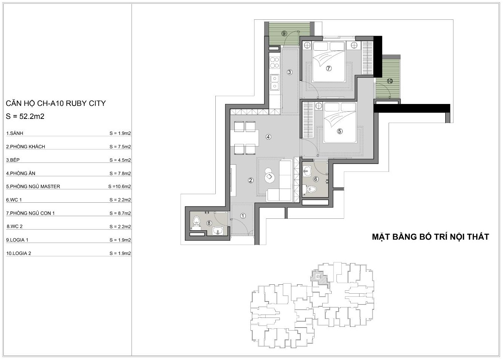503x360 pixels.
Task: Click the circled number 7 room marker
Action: click(329, 68)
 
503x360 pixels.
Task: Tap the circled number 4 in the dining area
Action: click(268, 137)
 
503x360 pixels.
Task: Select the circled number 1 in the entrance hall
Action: click(243, 216)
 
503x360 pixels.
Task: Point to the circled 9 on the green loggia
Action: click(284, 34)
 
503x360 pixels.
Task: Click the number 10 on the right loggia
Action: click(390, 81)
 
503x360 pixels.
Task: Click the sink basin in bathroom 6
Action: click(306, 171)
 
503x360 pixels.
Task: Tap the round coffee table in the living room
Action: click(269, 177)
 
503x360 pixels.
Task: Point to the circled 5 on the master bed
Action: click(339, 131)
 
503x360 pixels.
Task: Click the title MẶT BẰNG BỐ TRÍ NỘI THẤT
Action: click(430, 237)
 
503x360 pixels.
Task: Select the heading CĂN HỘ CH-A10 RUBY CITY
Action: click(56, 103)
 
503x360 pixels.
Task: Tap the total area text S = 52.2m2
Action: click(25, 116)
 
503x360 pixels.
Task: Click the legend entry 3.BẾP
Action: click(13, 160)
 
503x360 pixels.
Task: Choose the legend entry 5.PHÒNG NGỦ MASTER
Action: click(33, 186)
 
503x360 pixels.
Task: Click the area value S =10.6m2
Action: click(120, 186)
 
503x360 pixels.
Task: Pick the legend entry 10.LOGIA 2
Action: click(18, 253)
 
